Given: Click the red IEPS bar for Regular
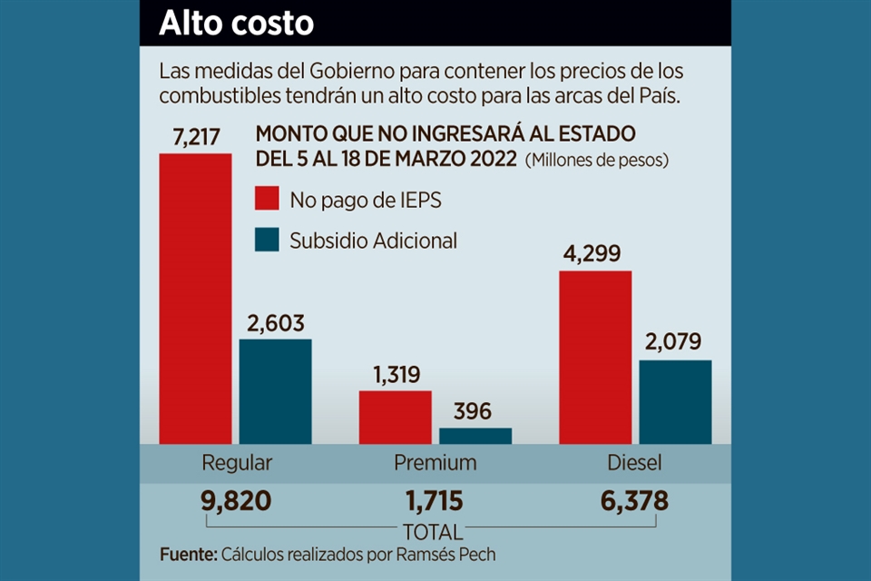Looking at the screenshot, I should tap(195, 300).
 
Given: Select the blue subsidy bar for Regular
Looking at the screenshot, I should tap(275, 392).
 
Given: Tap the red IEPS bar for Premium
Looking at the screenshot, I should tap(395, 418).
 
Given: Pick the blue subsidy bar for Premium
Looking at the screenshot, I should tap(475, 436).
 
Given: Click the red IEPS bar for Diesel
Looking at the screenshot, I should tap(594, 358).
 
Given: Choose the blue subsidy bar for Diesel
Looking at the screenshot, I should tap(675, 402).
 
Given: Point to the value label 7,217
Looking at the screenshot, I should tap(195, 138).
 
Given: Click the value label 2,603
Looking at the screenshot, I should tap(275, 323).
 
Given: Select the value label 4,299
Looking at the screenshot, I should tap(594, 254).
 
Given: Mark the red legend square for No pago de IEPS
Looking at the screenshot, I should tap(266, 200).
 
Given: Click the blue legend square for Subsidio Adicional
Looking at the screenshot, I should tap(266, 241).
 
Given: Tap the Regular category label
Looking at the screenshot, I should tap(236, 463).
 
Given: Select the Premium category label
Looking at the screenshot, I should tap(435, 463).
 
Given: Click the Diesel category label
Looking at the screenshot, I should tap(634, 463).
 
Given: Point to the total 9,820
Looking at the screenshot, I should tap(236, 500).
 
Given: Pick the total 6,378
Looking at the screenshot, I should tap(634, 500).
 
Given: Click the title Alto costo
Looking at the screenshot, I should tap(236, 24).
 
